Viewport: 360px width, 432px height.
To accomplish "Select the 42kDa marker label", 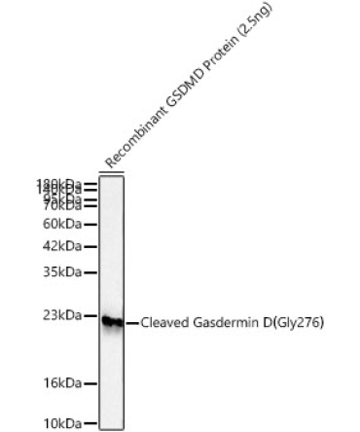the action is click(60, 247).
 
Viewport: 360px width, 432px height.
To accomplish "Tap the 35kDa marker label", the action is click(60, 273).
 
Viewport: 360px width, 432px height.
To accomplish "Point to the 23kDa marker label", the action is click(60, 316).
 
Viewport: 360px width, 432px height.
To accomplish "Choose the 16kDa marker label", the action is click(60, 383).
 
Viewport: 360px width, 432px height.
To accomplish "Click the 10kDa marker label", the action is click(60, 423).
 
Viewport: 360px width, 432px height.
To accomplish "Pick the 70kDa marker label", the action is click(60, 205).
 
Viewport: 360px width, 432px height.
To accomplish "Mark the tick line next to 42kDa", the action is click(91, 247).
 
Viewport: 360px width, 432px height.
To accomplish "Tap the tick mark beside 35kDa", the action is click(91, 273).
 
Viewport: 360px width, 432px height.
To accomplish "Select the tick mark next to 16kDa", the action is click(91, 383).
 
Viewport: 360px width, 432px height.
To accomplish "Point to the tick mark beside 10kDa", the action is click(91, 423).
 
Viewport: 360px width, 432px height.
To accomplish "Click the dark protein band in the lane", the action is click(112, 321).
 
